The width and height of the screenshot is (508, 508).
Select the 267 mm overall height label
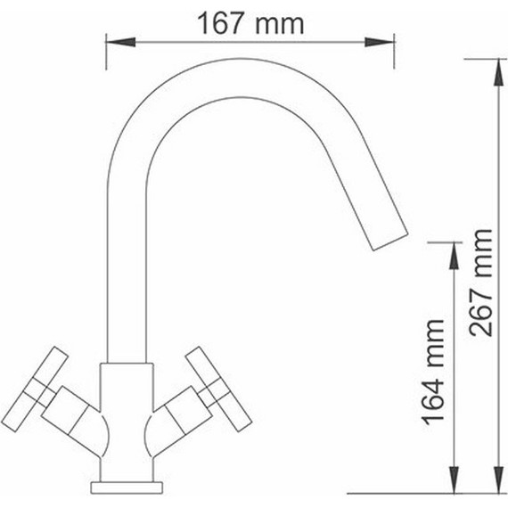tap(480, 282)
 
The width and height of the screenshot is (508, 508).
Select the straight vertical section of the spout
tap(125, 267)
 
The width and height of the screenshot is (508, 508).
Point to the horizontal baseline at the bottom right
tap(419, 492)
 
